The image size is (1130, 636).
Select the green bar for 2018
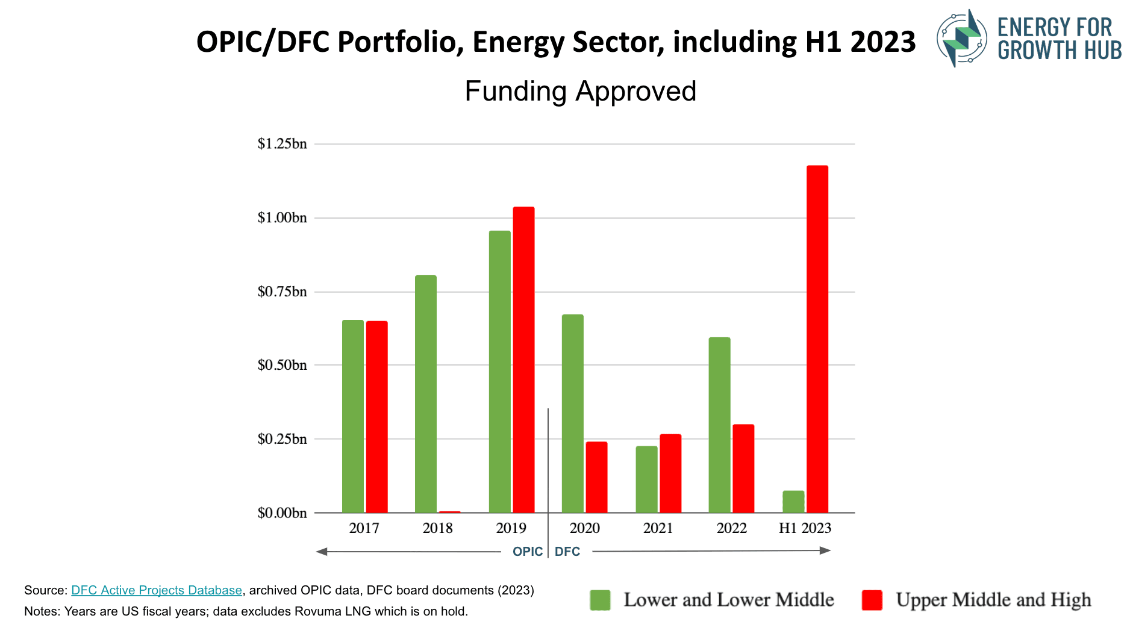coord(426,394)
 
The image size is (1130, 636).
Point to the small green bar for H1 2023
coord(793,502)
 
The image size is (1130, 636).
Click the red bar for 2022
coord(743,469)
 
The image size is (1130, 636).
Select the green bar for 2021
coord(646,479)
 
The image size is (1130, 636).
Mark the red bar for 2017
coord(377,417)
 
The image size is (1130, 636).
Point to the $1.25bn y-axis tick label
coord(282,144)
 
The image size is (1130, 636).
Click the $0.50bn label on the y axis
coord(282,365)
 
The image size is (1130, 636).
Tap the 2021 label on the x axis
coord(658,528)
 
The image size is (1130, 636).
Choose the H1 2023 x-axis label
coord(805,528)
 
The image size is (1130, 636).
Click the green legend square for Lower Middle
coord(600,600)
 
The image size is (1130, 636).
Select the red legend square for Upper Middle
coord(872,600)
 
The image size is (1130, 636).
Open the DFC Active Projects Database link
coord(157,590)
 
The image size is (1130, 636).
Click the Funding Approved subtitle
coord(580,92)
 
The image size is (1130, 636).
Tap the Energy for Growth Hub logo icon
coord(962,38)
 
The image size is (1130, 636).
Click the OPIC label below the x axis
coord(527,552)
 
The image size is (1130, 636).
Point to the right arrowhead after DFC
coord(825,550)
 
